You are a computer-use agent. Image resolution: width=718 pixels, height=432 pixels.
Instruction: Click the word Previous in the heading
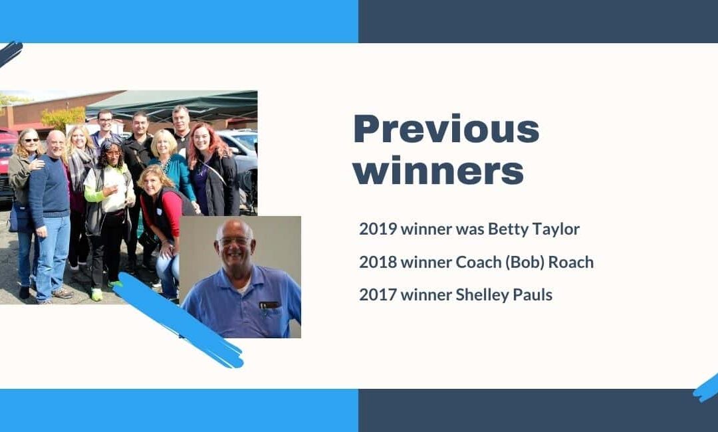pos(447,130)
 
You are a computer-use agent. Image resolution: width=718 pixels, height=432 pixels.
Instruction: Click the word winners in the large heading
pos(438,171)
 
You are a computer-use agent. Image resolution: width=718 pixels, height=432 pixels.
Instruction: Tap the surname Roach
pos(571,263)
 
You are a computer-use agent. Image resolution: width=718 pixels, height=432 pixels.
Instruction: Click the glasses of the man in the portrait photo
pos(235,241)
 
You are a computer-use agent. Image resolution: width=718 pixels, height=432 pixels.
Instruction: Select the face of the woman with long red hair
pos(202,138)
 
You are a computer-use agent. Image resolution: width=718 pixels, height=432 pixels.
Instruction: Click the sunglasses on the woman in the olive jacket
pos(31,140)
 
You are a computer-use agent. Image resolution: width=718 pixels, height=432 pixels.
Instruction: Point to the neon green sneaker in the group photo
pos(96,294)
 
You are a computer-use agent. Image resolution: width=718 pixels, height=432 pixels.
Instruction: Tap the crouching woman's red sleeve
pos(172,213)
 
